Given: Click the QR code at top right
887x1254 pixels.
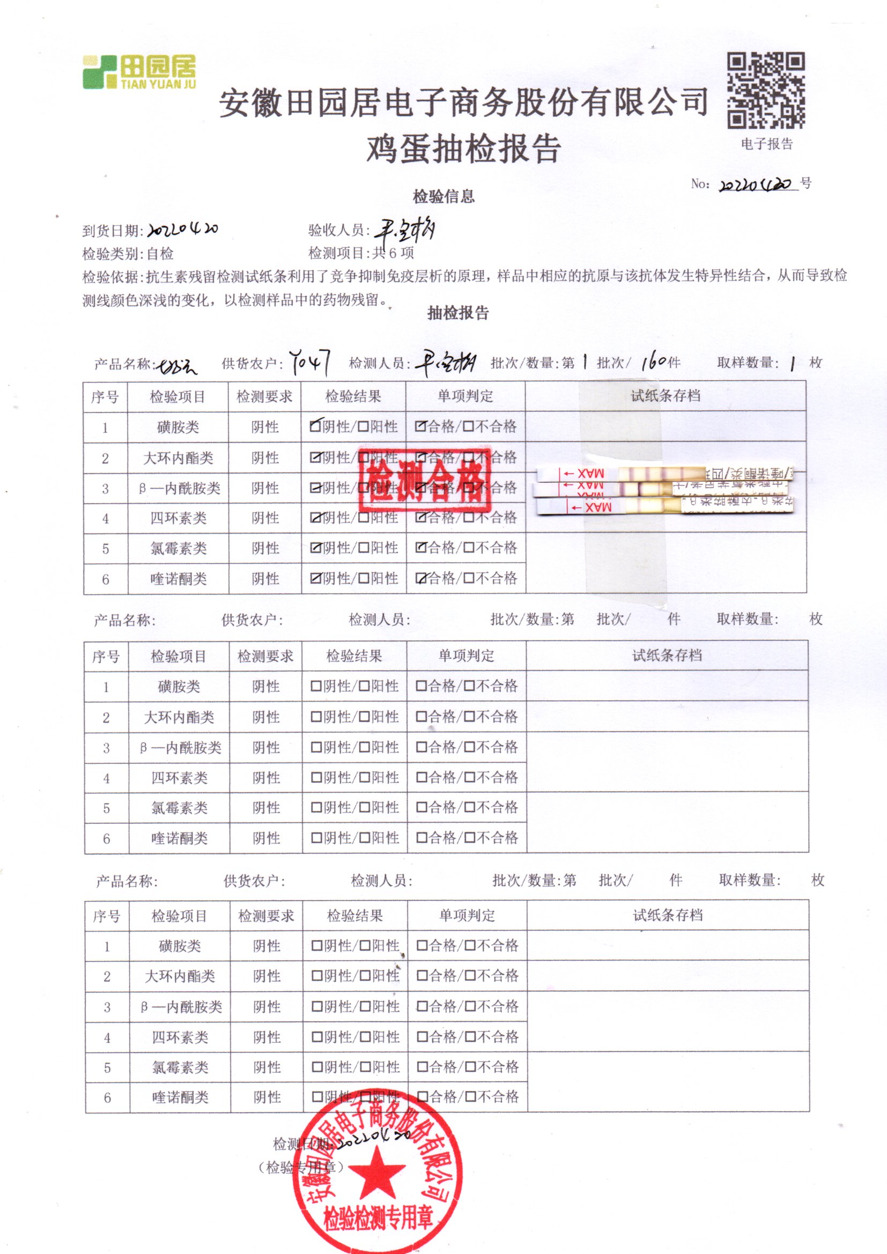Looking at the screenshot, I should tap(765, 90).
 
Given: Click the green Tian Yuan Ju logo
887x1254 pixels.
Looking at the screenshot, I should tap(139, 71).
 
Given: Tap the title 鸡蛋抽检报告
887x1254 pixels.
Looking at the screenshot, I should tap(463, 149).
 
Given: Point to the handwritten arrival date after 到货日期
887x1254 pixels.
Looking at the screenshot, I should tap(183, 230).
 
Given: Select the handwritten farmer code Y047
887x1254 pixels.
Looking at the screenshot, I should tap(310, 362).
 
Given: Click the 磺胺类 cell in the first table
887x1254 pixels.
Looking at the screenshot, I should tap(178, 427).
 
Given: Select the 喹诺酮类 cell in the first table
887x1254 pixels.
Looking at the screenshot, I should tap(178, 579).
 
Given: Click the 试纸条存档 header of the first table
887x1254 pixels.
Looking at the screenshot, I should tap(665, 396).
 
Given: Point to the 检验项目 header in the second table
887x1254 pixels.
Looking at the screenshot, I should tap(178, 656).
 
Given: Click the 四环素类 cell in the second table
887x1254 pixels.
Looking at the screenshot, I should tap(179, 778).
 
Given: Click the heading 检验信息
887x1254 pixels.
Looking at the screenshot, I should tap(443, 197).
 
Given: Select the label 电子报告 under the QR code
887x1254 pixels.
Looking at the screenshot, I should tap(766, 144).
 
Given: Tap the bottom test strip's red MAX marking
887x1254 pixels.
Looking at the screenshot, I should tap(590, 507).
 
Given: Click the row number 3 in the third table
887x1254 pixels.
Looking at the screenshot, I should tap(107, 1007).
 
